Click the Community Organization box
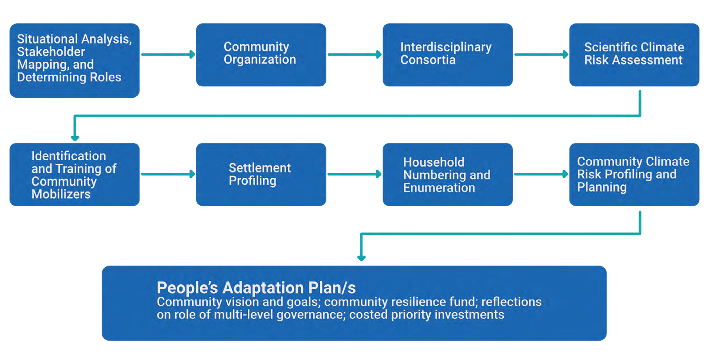click(x=261, y=55)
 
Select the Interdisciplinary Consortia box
click(x=447, y=55)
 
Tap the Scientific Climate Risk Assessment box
click(x=634, y=55)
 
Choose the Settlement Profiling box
click(x=261, y=174)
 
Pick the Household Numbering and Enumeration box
click(x=447, y=174)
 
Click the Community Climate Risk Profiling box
click(x=634, y=174)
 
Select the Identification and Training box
click(x=74, y=174)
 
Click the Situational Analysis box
click(x=74, y=60)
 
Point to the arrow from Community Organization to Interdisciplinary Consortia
click(x=354, y=55)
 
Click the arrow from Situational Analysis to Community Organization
click(x=168, y=55)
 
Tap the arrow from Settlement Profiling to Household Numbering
click(x=354, y=174)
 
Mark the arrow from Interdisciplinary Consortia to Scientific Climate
click(x=541, y=55)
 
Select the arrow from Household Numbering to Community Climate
click(x=541, y=174)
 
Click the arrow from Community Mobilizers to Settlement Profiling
click(x=168, y=174)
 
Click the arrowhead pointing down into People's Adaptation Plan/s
click(x=362, y=258)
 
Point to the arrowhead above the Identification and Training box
click(x=75, y=138)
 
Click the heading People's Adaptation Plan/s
click(x=256, y=288)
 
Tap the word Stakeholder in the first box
click(x=51, y=51)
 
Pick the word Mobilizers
click(x=61, y=194)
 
